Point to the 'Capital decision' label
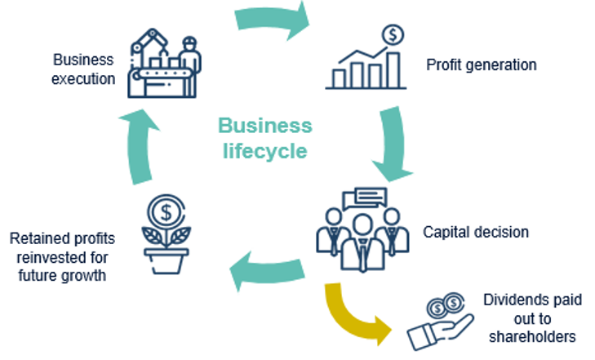[476, 232]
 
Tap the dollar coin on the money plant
[167, 213]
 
